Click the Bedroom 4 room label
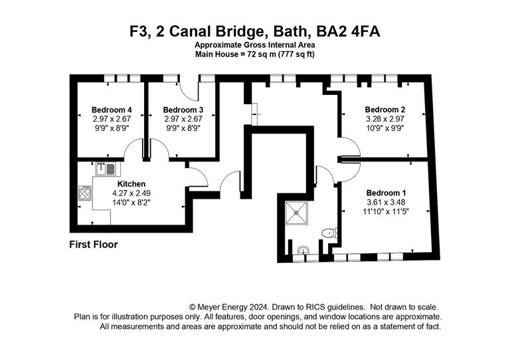[x=112, y=110]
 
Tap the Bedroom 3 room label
[x=183, y=110]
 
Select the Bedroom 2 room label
[x=385, y=110]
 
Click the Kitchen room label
[x=131, y=184]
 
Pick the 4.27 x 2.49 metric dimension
[x=131, y=193]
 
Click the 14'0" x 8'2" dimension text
[x=131, y=203]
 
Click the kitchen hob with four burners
[x=86, y=193]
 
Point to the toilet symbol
[x=328, y=232]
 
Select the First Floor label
[x=94, y=244]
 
